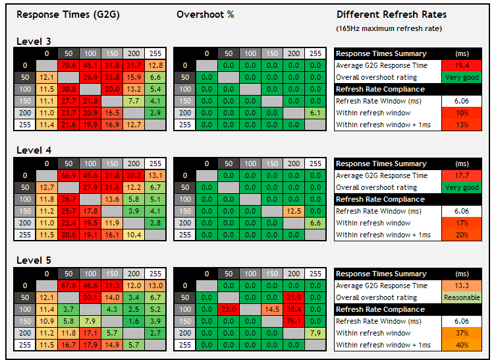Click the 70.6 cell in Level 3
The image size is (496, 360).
pos(69,65)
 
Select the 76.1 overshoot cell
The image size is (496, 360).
pos(294,321)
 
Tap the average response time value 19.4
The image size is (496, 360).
pos(462,65)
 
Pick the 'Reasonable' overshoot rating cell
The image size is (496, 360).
pos(462,297)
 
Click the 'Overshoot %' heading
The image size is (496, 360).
pos(206,15)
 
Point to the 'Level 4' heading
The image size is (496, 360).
pos(34,150)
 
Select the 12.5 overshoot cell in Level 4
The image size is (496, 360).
pos(294,211)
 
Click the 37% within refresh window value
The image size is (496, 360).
pos(462,333)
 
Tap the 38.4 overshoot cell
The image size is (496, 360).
pos(294,309)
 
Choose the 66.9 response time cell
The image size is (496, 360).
pos(69,175)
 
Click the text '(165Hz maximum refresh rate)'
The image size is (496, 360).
pos(389,28)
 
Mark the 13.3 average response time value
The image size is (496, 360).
pos(462,285)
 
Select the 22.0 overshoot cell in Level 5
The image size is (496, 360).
pos(229,309)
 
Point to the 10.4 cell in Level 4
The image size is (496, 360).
pos(134,235)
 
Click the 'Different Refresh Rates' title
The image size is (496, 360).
pos(392,15)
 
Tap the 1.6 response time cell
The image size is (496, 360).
pos(134,321)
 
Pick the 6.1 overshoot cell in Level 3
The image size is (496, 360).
pos(316,113)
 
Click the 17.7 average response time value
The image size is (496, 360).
pos(462,175)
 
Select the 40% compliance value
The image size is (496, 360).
pos(462,345)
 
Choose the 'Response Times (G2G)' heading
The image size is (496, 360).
pos(68,15)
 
